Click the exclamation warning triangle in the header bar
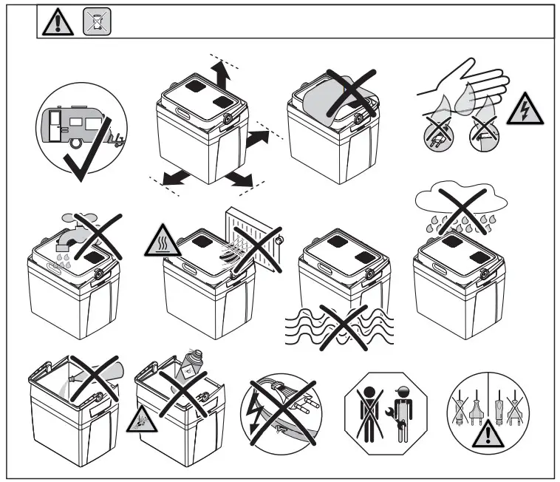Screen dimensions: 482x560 [x=55, y=23]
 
